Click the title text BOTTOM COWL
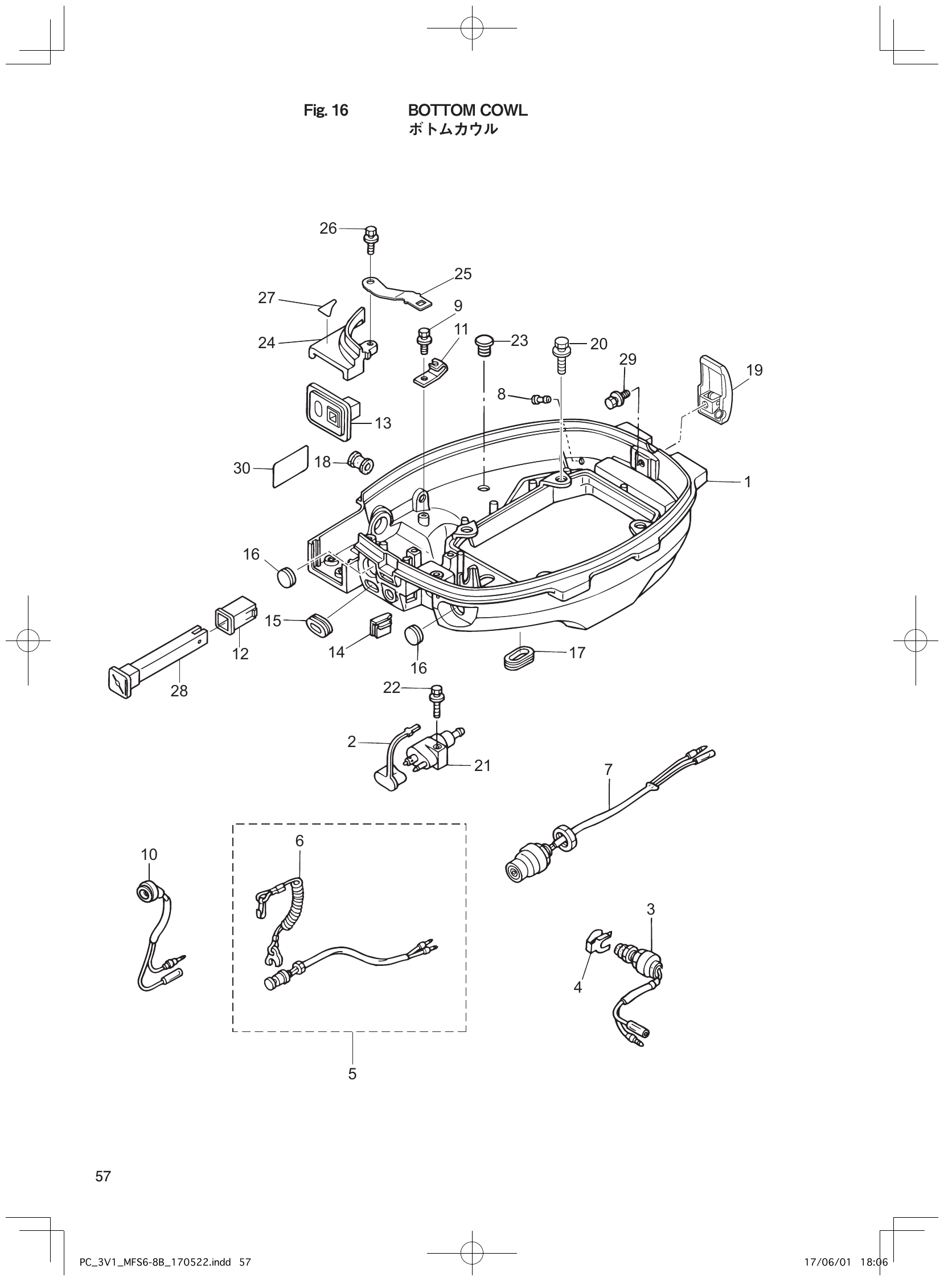[467, 111]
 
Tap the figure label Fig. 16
[326, 111]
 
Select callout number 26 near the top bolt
[328, 229]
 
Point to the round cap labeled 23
[485, 345]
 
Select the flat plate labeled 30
[291, 466]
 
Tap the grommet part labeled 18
[360, 462]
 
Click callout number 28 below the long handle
[179, 691]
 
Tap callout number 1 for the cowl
[747, 482]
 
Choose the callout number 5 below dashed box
[352, 1074]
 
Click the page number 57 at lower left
[104, 1176]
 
